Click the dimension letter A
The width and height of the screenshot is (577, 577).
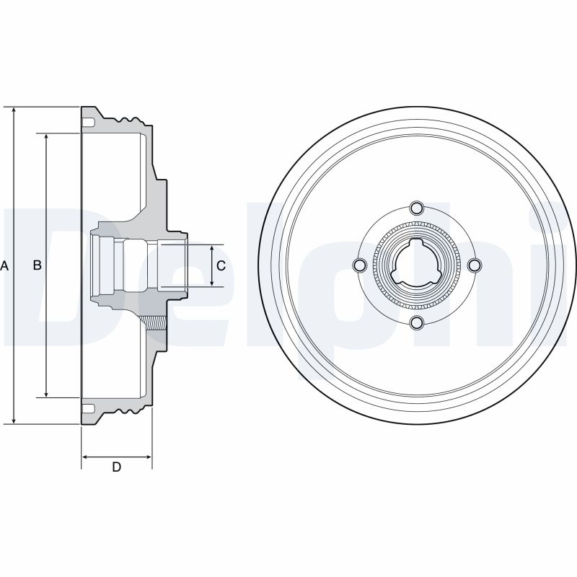point(4,265)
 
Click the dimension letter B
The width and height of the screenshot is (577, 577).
point(38,265)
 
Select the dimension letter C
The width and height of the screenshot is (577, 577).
point(221,265)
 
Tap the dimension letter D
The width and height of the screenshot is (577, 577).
point(116,467)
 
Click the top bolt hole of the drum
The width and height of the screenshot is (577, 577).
point(417,208)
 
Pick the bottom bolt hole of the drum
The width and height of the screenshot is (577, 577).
point(417,322)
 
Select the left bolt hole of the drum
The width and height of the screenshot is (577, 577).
point(359,265)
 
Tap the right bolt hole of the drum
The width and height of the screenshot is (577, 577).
point(475,265)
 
